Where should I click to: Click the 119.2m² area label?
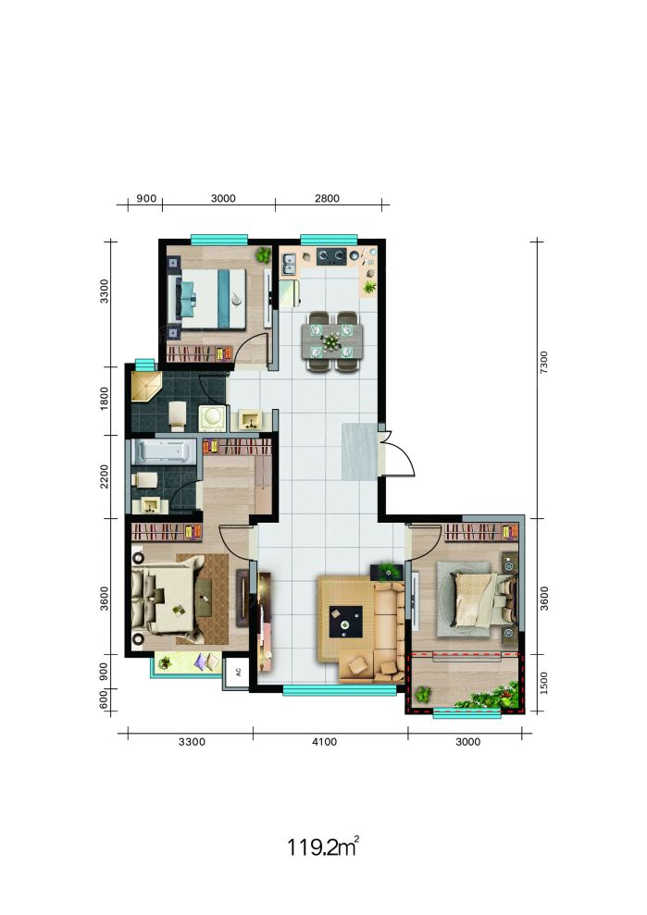tap(322, 846)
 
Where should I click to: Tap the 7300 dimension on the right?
tap(543, 362)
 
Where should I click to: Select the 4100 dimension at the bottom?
tap(325, 742)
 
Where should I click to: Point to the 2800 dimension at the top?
tap(327, 198)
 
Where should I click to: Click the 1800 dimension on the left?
tap(105, 399)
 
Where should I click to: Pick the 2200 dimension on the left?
tap(105, 476)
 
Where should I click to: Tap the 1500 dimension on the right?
tap(543, 682)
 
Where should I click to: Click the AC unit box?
tap(238, 672)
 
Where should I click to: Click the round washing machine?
tap(212, 418)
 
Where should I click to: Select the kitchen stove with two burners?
tap(331, 255)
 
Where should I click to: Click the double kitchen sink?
tap(289, 264)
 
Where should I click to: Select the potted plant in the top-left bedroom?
tap(264, 254)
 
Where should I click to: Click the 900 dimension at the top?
tap(146, 198)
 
